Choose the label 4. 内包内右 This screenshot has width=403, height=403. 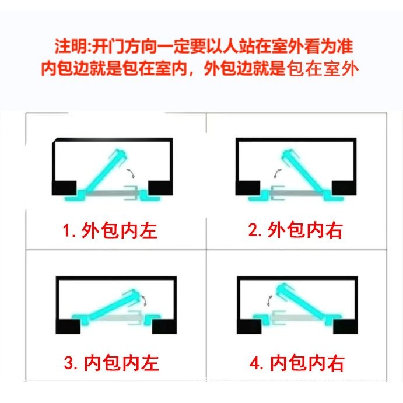(296, 363)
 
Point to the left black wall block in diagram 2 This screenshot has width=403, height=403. (248, 188)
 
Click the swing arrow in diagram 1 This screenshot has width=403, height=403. (133, 171)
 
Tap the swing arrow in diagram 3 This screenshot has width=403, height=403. (146, 300)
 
